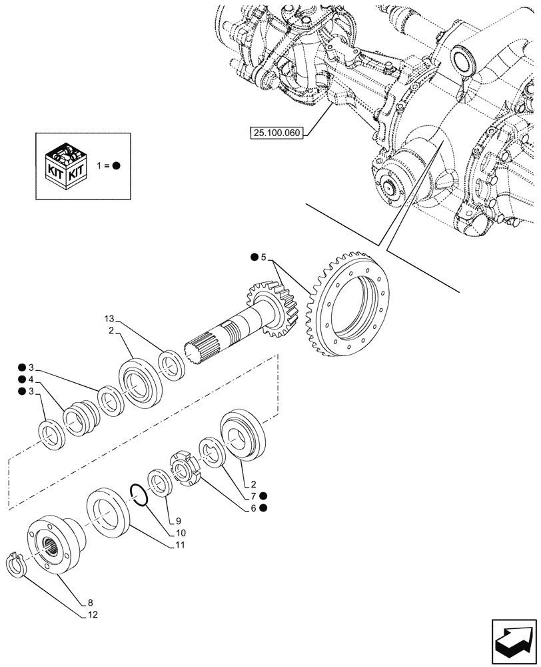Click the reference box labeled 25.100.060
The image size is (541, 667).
point(276,133)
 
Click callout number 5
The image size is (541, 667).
point(263,257)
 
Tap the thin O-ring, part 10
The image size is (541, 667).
point(139,497)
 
